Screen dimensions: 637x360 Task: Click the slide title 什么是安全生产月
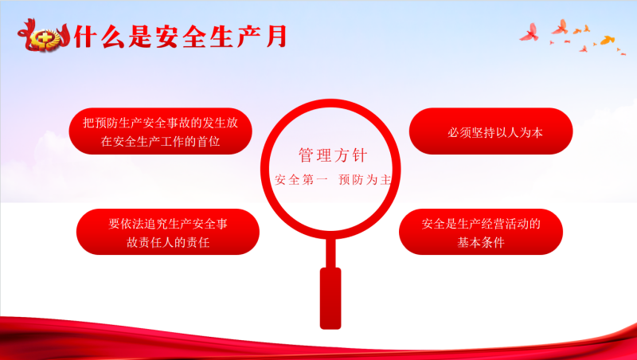[181, 37]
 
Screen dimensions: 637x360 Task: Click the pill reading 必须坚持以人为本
[490, 131]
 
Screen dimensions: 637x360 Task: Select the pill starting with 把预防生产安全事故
[161, 131]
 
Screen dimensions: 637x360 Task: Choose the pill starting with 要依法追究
[168, 232]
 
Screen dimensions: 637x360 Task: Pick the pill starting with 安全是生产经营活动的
[481, 232]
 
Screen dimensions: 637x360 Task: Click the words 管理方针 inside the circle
[333, 155]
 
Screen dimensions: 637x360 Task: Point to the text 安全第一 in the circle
[301, 179]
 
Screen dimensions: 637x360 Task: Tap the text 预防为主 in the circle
[365, 179]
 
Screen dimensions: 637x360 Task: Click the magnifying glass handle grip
[330, 298]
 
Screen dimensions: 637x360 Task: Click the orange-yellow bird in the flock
[607, 41]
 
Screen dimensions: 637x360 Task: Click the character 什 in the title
[85, 37]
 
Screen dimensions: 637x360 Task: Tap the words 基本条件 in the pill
[481, 243]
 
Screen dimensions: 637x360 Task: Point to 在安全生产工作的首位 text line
[161, 142]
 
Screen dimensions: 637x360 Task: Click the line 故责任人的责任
[168, 243]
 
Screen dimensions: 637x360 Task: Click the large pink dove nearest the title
[530, 33]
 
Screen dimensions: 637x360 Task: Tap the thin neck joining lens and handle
[330, 253]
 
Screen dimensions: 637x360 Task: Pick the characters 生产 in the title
[235, 37]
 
